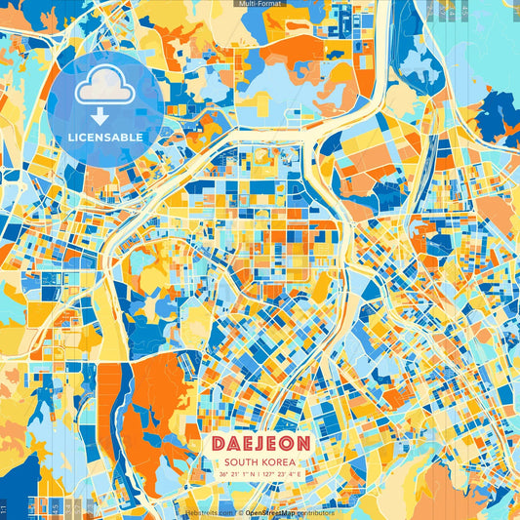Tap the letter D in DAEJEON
[219, 444]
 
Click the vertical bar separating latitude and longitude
[260, 475]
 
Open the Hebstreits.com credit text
[208, 512]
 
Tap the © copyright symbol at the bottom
[240, 512]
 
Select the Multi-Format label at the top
[260, 4]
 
